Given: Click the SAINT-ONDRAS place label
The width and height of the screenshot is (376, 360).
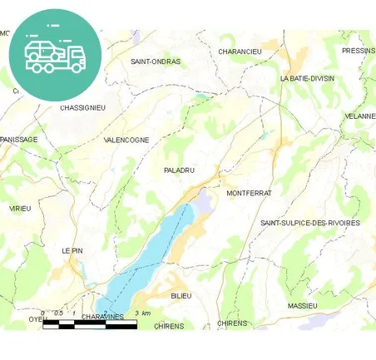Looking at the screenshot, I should tap(156, 62).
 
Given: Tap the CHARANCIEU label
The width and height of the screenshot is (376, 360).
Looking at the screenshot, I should tap(240, 52).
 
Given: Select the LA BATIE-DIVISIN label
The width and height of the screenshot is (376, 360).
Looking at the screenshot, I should tap(307, 78).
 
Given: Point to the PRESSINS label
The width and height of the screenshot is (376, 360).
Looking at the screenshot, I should tap(358, 51).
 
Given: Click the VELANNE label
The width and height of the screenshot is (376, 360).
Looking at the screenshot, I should tap(359, 116).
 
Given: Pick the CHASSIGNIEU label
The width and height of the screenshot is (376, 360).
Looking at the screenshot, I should tap(83, 107).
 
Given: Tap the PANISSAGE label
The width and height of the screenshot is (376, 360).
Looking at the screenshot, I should tap(19, 140).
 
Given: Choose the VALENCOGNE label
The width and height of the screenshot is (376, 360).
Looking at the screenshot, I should tap(126, 141).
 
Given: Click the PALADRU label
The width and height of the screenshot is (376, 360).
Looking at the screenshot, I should tap(180, 170).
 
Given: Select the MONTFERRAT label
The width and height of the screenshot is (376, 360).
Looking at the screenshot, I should tap(249, 193).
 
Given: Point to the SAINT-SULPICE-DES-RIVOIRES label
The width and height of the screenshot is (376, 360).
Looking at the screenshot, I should tap(309, 223).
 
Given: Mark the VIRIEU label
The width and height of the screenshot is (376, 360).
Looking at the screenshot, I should tap(19, 208).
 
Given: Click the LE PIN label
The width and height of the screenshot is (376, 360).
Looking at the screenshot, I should tap(72, 250).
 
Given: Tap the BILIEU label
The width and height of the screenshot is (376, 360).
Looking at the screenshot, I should tap(181, 296).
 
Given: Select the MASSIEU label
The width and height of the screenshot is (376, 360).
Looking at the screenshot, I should tap(302, 306).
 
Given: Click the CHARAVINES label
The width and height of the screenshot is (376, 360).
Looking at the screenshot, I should tap(103, 317).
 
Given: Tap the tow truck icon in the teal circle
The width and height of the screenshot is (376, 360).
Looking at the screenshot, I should tap(55, 54).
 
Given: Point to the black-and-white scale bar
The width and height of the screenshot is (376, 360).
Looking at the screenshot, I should tap(90, 324).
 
